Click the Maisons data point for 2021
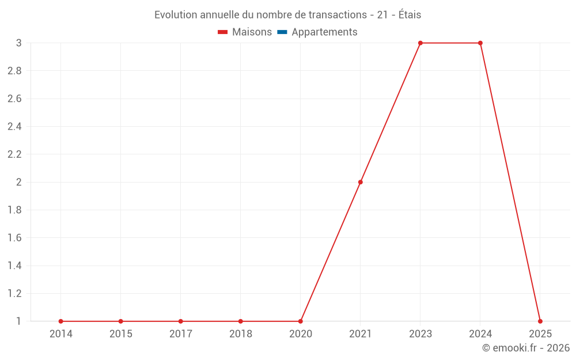(361, 182)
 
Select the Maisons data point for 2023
(420, 43)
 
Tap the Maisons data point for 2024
(480, 43)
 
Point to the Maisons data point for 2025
(540, 321)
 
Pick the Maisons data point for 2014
(61, 321)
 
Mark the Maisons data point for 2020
(301, 321)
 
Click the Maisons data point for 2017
(181, 321)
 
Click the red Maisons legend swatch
(223, 32)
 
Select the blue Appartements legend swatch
(282, 32)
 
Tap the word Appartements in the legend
(324, 32)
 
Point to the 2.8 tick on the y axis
(14, 71)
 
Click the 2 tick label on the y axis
(18, 182)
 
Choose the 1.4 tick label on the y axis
(14, 266)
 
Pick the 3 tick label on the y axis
(18, 43)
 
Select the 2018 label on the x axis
(241, 334)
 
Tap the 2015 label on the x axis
(121, 334)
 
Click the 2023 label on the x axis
(420, 334)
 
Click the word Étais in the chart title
(410, 15)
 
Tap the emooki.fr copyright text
(526, 348)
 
